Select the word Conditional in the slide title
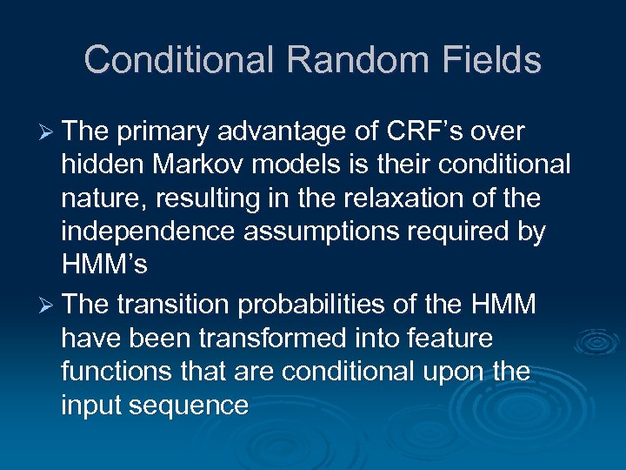[178, 60]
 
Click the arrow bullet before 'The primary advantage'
[49, 131]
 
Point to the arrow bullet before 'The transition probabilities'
[49, 305]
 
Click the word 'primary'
[166, 131]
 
